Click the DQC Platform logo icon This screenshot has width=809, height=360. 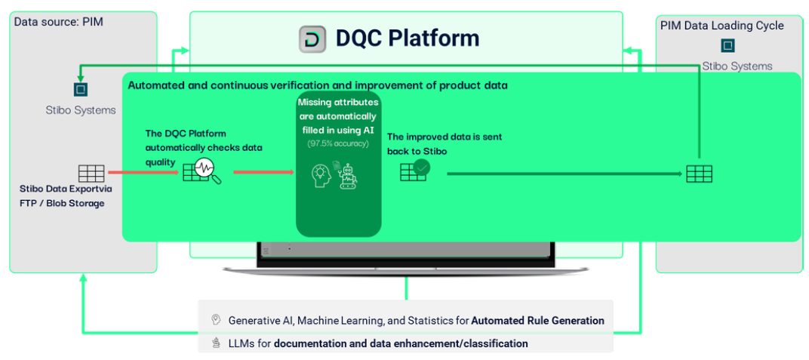pos(312,38)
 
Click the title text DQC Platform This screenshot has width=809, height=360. pos(407,38)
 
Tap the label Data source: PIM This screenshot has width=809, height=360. pos(58,22)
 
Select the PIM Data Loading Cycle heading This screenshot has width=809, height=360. pos(721,26)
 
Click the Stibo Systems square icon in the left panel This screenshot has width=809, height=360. pos(81,90)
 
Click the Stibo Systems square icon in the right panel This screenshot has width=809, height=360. pos(727,46)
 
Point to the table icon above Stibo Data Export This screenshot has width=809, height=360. pos(91,173)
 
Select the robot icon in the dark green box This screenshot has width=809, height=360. pos(348,177)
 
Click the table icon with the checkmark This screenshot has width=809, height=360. pos(414,171)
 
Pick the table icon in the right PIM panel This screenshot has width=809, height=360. pos(699,174)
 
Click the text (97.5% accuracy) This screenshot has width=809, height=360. pos(337,143)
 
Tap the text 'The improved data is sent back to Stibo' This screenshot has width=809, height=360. pos(444,144)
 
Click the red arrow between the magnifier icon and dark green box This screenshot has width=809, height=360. pos(263,173)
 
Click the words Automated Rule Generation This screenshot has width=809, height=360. pos(537,321)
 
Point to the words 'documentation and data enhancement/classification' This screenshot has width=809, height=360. pos(401,343)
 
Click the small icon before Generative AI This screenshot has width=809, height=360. pos(216,320)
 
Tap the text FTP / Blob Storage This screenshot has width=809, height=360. pos(63,203)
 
